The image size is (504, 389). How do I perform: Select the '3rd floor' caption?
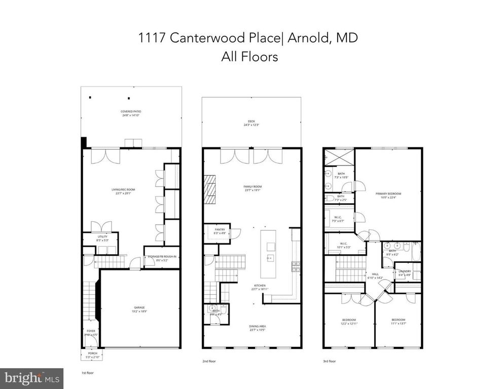pyautogui.click(x=330, y=362)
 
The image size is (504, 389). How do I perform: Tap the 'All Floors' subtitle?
pyautogui.click(x=249, y=57)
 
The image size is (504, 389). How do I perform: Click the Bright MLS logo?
pyautogui.click(x=31, y=378)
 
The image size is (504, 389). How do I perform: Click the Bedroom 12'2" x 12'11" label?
pyautogui.click(x=349, y=322)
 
